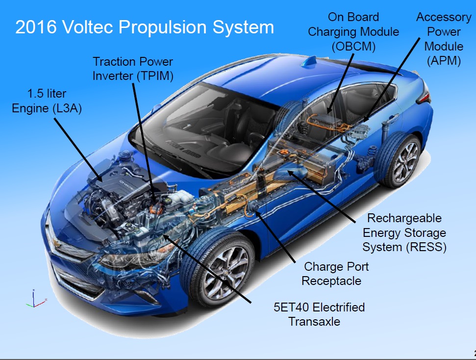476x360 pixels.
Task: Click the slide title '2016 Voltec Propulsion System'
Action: coord(145,27)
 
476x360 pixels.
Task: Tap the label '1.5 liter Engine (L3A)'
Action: coord(47,101)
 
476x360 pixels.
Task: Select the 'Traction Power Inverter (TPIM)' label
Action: coord(133,69)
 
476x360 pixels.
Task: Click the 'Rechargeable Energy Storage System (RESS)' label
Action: coord(404,232)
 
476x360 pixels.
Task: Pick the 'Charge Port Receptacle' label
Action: coord(336,274)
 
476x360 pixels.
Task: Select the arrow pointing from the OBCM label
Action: coord(342,81)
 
